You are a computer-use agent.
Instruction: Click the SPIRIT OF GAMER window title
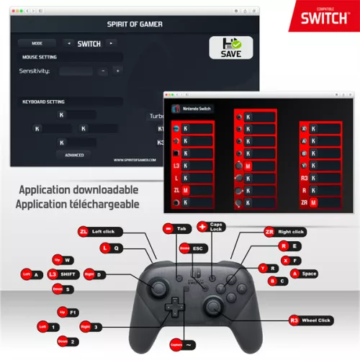[135, 24]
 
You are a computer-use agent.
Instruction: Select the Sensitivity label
[35, 71]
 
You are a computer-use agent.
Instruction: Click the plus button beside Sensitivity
[117, 71]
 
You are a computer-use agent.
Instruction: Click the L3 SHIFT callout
[63, 274]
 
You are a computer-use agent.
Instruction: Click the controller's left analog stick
[156, 287]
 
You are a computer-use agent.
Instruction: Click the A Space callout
[302, 274]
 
